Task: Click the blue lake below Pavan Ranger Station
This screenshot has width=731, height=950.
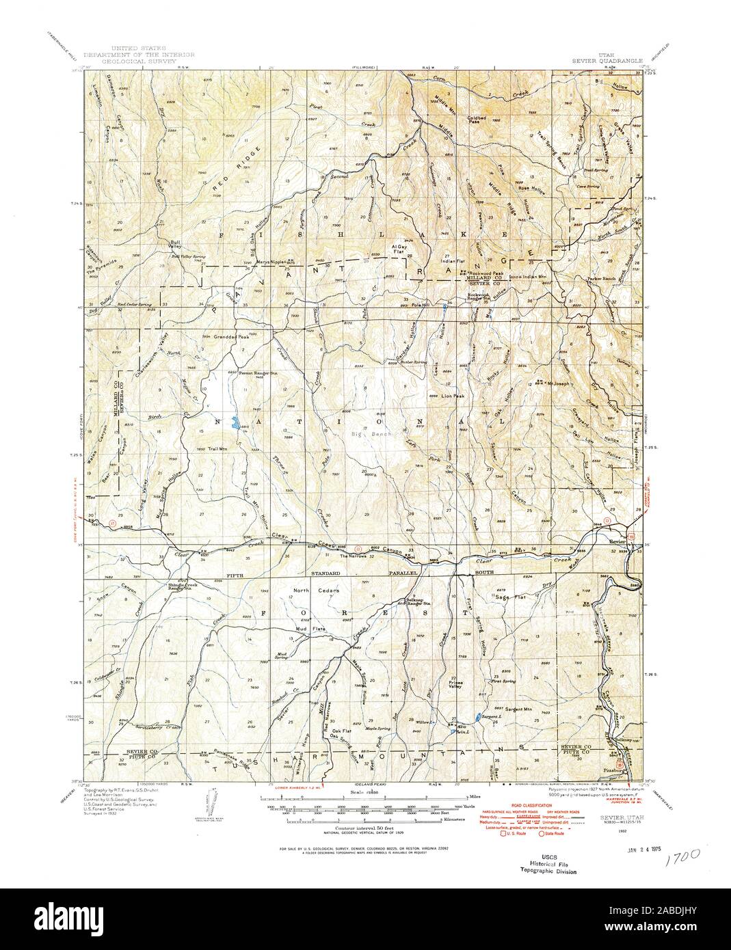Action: click(x=236, y=424)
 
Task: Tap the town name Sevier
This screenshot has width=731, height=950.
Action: click(x=617, y=541)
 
